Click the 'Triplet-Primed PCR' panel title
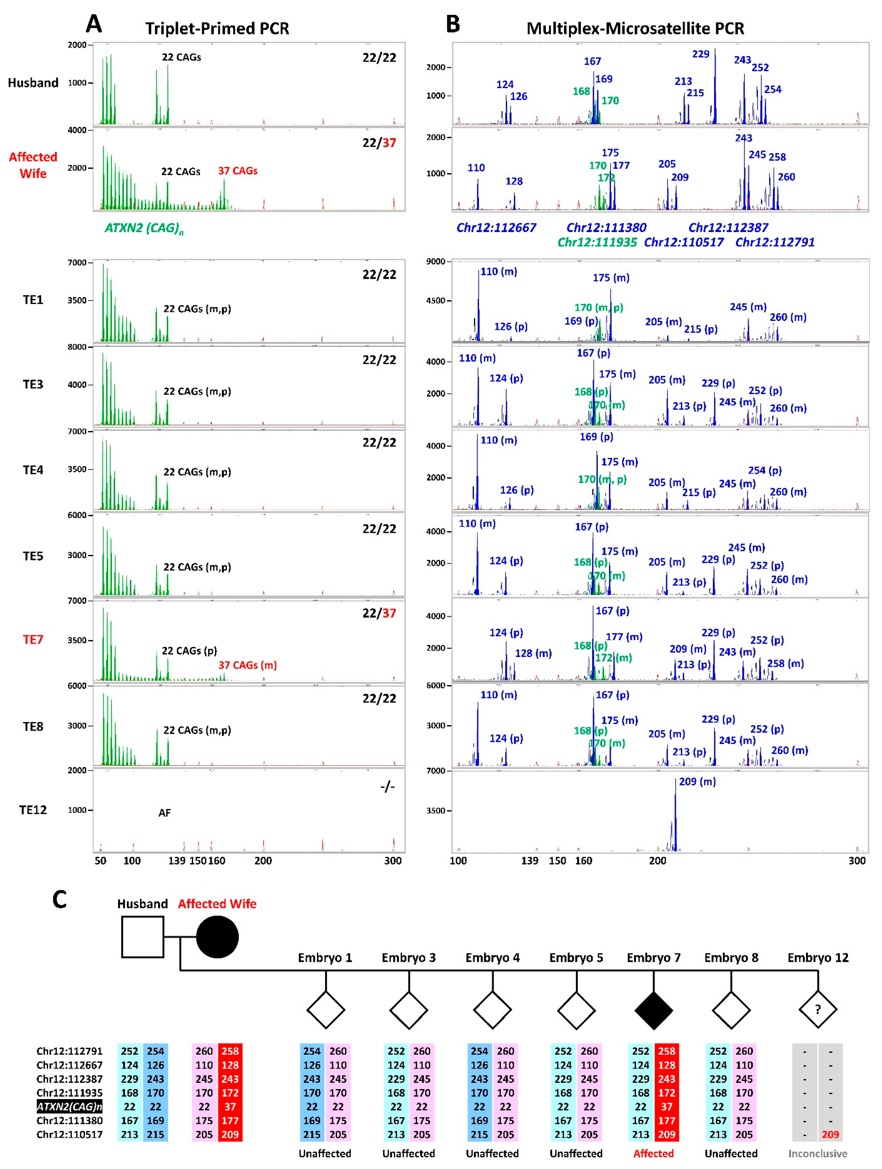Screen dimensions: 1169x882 (217, 29)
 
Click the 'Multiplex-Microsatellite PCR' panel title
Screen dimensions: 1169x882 (635, 29)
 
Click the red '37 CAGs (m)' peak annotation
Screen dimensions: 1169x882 (248, 665)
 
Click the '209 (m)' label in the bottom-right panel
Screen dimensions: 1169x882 (697, 782)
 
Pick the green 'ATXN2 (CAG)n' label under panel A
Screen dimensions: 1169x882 (144, 228)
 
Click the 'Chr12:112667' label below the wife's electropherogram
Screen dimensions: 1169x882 (496, 228)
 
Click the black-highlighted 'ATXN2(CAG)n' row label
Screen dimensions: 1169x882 (69, 1107)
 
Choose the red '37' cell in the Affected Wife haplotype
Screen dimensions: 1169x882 (230, 1107)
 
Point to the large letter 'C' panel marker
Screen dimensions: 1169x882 (60, 899)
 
